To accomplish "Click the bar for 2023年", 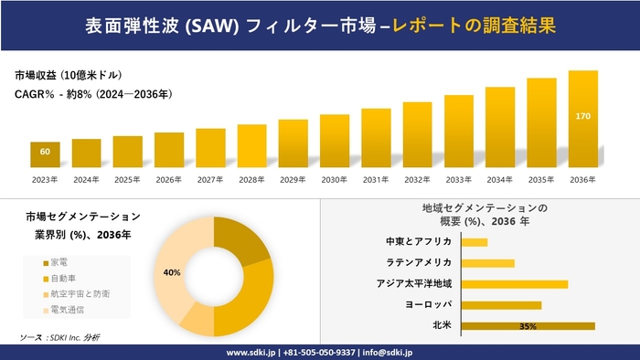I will [x=45, y=154].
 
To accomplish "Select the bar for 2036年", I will [x=583, y=119].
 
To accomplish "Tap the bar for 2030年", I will [x=335, y=141].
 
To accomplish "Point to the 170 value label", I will [x=583, y=117].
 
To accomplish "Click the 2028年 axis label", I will [x=251, y=179].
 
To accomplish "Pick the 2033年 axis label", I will [x=459, y=179].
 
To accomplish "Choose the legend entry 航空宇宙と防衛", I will [x=79, y=294].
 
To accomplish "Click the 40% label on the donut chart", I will [x=172, y=272].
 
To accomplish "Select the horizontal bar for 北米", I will [x=528, y=325].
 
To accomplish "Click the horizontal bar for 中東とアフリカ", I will [x=475, y=242].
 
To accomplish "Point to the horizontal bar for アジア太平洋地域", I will [x=515, y=284].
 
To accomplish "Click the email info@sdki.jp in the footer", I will [x=390, y=352].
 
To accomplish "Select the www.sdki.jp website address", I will [x=252, y=352].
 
